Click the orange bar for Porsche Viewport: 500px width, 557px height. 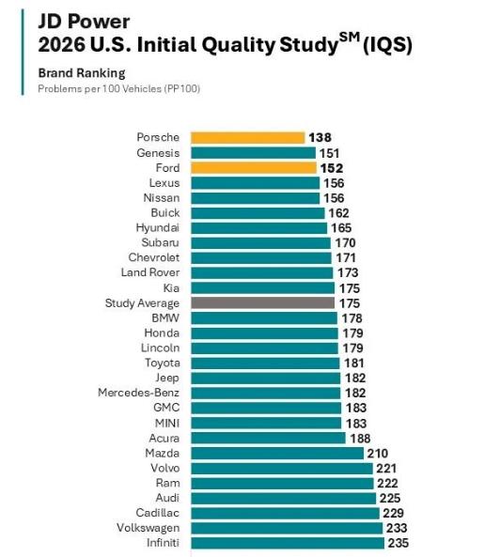tap(248, 138)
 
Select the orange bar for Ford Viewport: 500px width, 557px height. tap(254, 168)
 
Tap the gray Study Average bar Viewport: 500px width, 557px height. tap(262, 303)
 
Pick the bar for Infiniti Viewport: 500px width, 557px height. tap(288, 543)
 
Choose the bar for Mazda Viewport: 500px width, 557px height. tap(277, 454)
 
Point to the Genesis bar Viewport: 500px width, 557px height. tap(253, 153)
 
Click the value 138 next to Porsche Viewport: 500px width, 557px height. tap(320, 138)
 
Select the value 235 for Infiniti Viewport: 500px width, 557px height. tap(398, 543)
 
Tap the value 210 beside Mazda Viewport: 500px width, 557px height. tap(378, 454)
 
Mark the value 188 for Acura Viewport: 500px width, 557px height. tap(360, 439)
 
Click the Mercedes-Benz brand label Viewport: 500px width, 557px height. tap(138, 393)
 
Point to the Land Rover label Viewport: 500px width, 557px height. tap(150, 272)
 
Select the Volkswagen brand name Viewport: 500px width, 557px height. tap(148, 528)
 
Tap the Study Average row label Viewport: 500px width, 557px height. tap(142, 303)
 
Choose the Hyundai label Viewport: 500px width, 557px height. tap(158, 228)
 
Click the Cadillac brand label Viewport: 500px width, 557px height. tap(158, 513)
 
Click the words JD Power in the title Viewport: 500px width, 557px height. tap(84, 22)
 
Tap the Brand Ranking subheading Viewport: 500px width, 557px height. tap(82, 73)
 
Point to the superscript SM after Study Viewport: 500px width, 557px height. tap(350, 38)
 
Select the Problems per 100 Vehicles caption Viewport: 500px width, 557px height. tap(119, 89)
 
